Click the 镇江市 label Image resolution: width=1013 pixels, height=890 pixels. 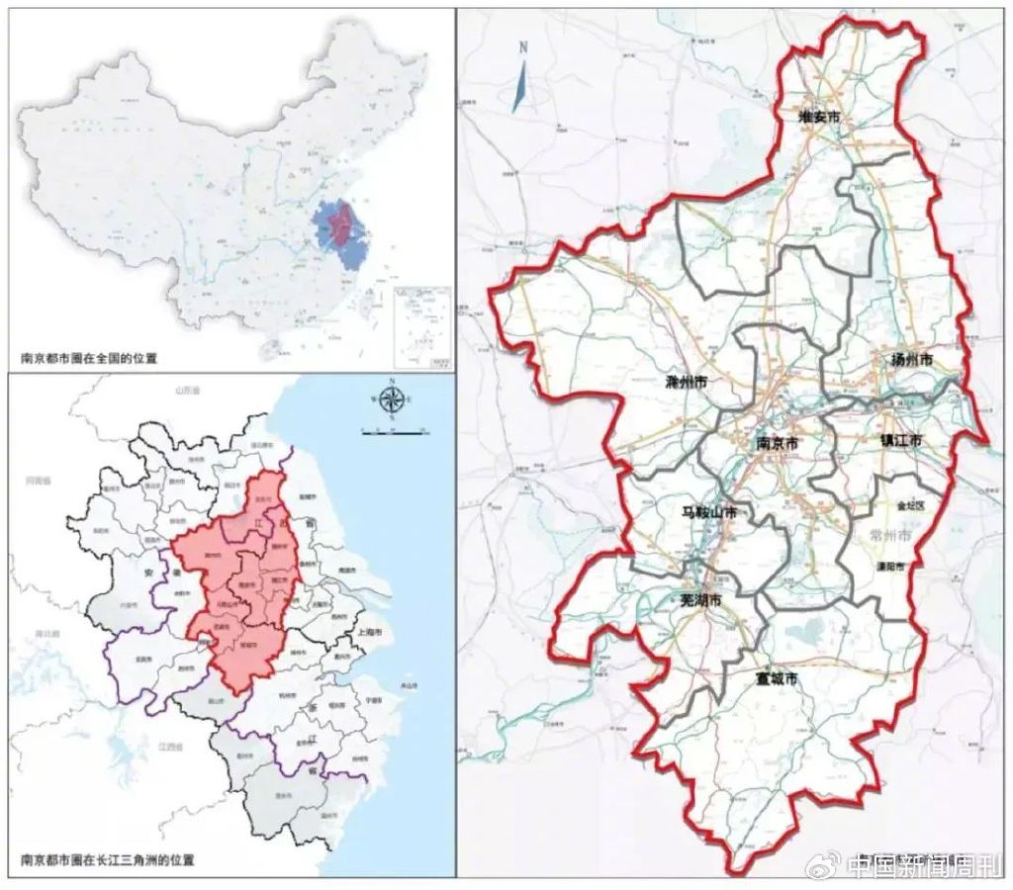click(901, 439)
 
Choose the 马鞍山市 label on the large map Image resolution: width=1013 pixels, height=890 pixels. click(717, 513)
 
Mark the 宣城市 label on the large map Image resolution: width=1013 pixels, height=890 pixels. click(776, 679)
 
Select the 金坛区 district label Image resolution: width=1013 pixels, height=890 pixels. click(909, 504)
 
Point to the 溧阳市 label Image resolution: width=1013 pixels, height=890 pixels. click(892, 568)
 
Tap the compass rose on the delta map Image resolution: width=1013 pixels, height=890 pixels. click(392, 400)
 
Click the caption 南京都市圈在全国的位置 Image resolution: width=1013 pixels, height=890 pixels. click(89, 358)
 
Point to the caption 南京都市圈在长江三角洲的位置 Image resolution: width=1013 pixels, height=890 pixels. click(108, 859)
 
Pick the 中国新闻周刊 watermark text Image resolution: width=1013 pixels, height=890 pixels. click(920, 867)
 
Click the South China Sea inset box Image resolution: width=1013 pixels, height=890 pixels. click(421, 325)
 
